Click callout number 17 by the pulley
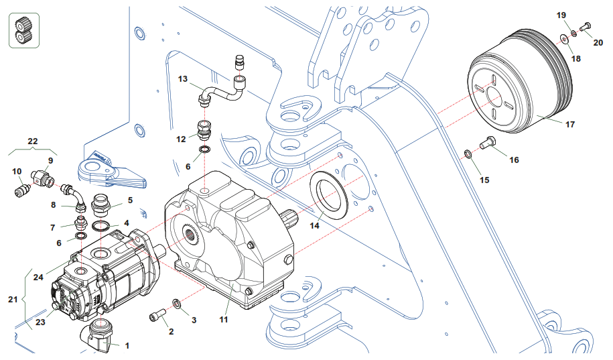(x=570, y=125)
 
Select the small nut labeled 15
(x=468, y=156)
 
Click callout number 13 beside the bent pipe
(x=183, y=79)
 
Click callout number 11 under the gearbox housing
(x=224, y=320)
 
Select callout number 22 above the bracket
(x=32, y=141)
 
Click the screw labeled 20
(x=583, y=26)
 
